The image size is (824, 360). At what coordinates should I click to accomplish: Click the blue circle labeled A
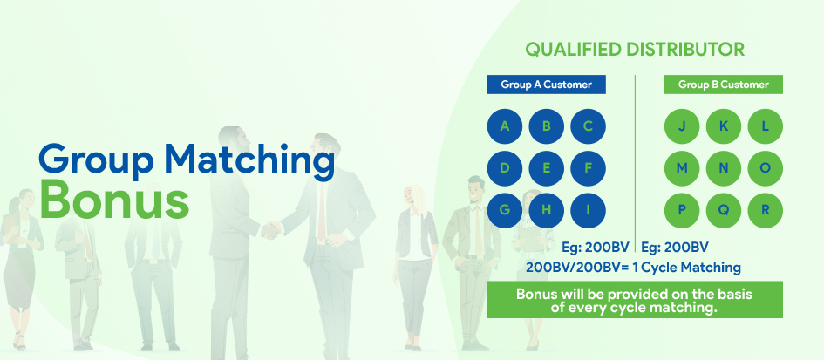tap(505, 126)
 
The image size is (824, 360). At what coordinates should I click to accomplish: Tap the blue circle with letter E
tap(546, 168)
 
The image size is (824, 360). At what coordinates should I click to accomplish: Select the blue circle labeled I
tap(588, 211)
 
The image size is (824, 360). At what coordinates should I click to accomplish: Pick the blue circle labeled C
tap(588, 126)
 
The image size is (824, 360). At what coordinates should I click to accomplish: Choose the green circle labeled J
tap(682, 126)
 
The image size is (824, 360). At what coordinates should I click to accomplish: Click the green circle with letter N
tap(724, 168)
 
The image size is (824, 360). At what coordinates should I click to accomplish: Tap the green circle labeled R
tap(766, 211)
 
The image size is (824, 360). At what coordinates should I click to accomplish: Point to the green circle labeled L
tap(766, 126)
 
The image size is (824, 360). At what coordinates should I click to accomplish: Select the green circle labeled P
tap(682, 211)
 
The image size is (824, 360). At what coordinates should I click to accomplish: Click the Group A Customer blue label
tap(547, 85)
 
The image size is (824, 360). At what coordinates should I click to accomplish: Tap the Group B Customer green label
tap(724, 85)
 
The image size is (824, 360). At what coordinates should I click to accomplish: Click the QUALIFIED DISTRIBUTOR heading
tap(635, 50)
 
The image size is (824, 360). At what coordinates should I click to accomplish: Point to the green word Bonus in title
tap(114, 200)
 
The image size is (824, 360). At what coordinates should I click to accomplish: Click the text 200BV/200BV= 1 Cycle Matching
tap(633, 268)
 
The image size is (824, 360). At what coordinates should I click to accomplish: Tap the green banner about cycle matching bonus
tap(635, 300)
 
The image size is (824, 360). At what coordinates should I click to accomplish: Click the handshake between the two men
tap(271, 229)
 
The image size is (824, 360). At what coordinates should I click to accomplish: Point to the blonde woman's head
tap(415, 196)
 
